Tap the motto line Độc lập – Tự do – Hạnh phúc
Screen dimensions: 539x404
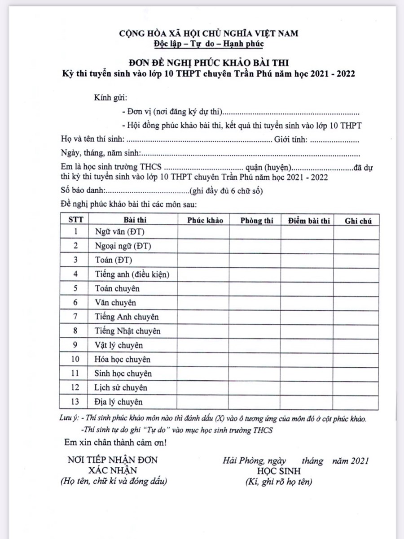click(208, 43)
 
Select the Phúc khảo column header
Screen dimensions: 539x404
click(205, 220)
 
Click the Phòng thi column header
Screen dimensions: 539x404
click(256, 220)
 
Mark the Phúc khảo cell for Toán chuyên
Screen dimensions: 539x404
click(204, 288)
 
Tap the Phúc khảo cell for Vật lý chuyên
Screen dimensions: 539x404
click(204, 345)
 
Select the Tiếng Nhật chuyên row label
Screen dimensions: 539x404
click(127, 331)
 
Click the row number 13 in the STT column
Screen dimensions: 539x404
click(75, 402)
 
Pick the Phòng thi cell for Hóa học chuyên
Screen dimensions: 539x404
click(255, 359)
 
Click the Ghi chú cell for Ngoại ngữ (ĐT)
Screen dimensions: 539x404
click(356, 246)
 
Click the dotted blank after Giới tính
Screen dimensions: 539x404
click(334, 141)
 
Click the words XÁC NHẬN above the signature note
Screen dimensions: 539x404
click(112, 470)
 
